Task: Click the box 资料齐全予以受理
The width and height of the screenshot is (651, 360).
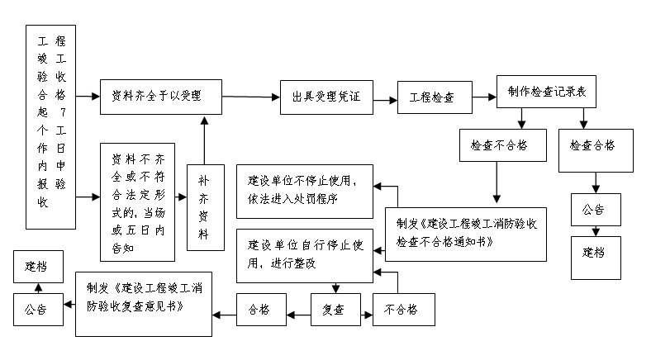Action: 162,97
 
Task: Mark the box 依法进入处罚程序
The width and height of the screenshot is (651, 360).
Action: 305,189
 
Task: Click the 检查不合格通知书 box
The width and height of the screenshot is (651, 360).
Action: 467,233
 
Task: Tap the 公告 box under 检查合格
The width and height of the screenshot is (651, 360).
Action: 596,210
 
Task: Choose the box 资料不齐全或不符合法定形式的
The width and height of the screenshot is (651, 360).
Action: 137,202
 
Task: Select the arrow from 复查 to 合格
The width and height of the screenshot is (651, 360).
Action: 298,313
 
